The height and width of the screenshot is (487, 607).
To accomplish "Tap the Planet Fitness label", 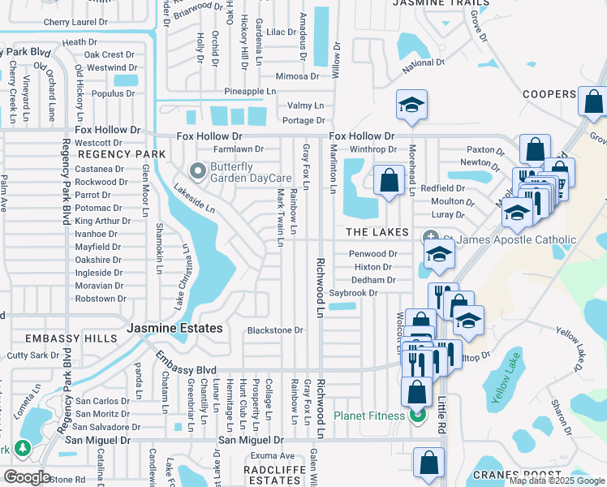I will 369,416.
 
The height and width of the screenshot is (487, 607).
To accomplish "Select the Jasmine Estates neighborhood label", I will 174,328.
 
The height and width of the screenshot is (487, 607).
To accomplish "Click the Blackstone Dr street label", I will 274,330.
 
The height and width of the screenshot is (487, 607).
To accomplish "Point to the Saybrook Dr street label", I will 355,293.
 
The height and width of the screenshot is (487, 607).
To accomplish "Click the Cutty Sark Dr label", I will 33,356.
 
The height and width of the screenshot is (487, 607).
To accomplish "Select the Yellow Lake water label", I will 509,374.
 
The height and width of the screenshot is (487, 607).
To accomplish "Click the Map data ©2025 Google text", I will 556,481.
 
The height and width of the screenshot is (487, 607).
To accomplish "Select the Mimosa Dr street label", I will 297,76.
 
